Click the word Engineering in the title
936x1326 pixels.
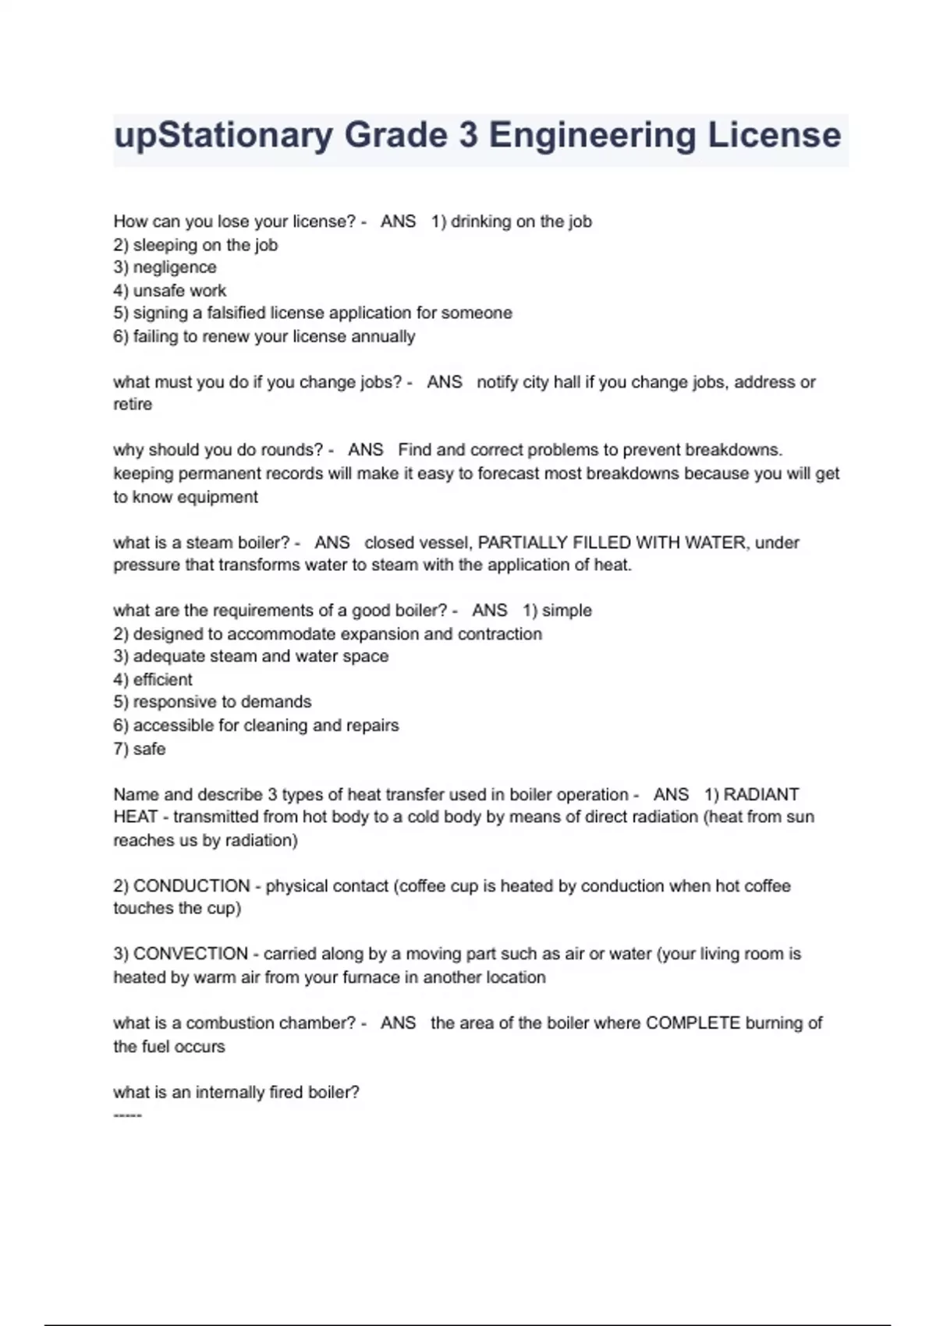point(593,135)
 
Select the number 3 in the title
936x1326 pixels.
point(468,135)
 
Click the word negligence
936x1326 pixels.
point(175,268)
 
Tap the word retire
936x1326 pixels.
point(133,405)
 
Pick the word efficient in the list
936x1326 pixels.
point(162,679)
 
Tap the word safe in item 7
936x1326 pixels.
point(149,749)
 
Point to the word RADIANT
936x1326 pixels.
point(761,794)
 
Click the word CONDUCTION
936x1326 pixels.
point(192,886)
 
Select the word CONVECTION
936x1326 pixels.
point(191,954)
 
